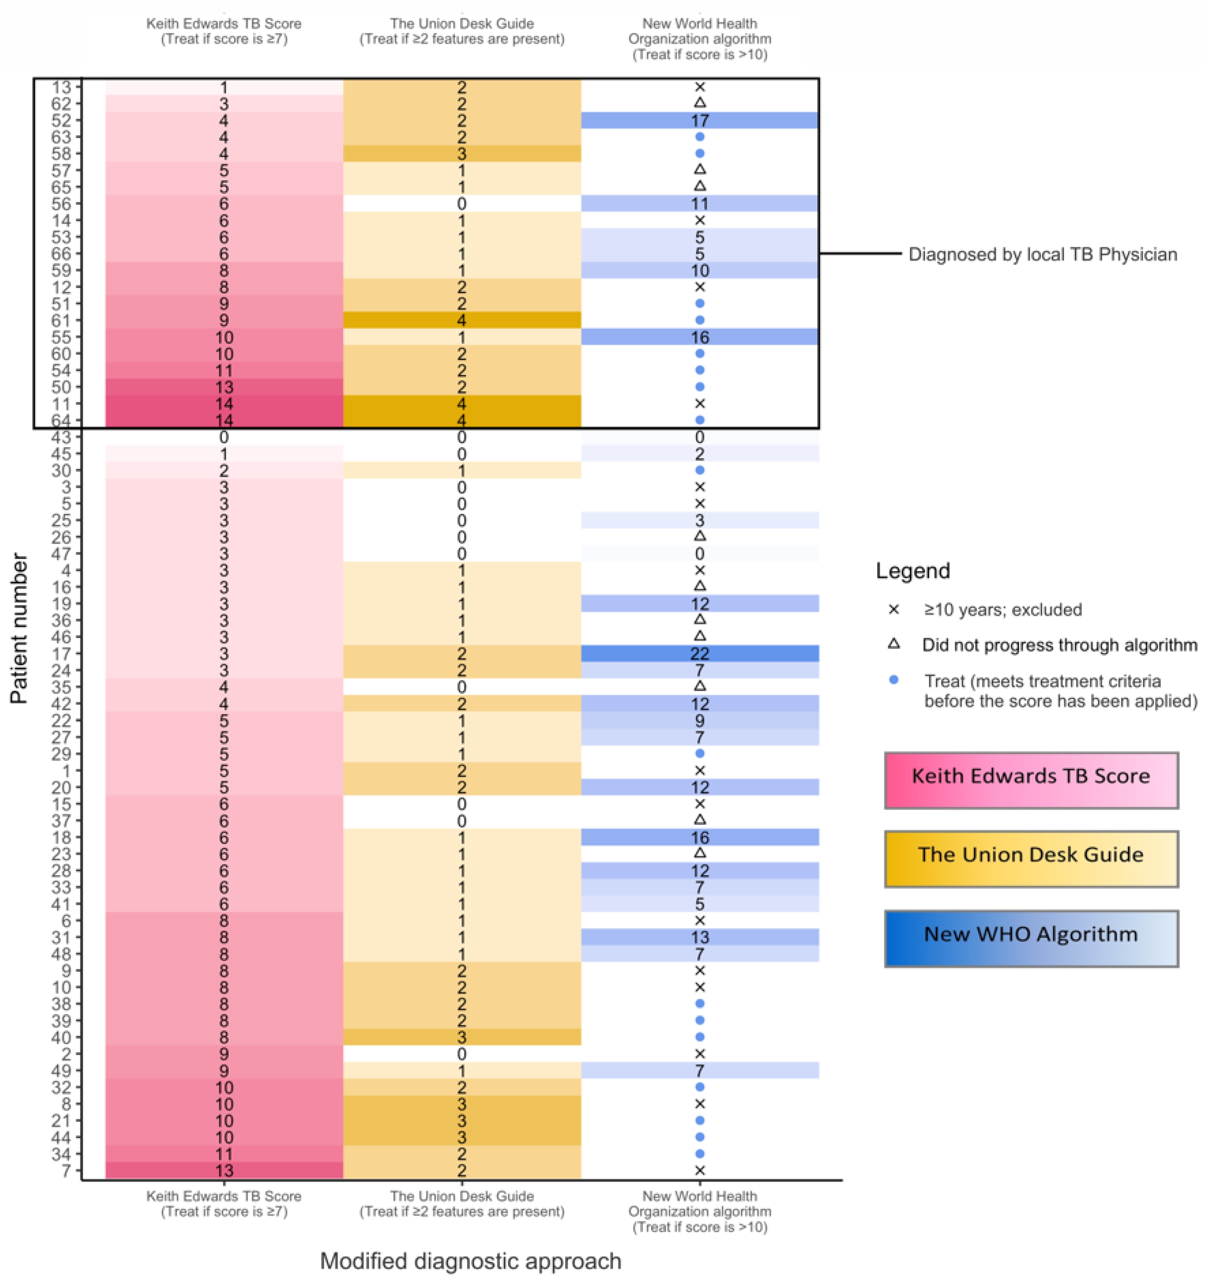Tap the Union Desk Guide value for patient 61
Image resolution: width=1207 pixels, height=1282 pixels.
(x=462, y=321)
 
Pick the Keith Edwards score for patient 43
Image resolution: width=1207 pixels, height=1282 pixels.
(x=224, y=437)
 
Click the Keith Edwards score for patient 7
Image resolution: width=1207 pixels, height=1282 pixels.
(x=224, y=1170)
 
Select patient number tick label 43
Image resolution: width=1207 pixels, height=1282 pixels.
(x=62, y=437)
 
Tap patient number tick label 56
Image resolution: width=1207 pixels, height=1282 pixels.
(x=62, y=204)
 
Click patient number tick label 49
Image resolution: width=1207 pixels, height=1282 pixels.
(x=62, y=1070)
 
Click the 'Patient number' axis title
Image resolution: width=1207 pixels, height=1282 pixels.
(x=19, y=629)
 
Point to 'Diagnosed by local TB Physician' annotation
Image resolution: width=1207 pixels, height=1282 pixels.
(x=1042, y=254)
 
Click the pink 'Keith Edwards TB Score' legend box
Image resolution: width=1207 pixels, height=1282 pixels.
(x=1031, y=780)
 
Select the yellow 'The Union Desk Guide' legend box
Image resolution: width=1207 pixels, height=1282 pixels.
(x=1031, y=858)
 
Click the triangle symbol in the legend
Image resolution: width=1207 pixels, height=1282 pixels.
(x=894, y=644)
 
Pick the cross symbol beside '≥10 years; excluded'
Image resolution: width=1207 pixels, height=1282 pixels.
(x=894, y=609)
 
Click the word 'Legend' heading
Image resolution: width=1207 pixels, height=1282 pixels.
(x=913, y=571)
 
